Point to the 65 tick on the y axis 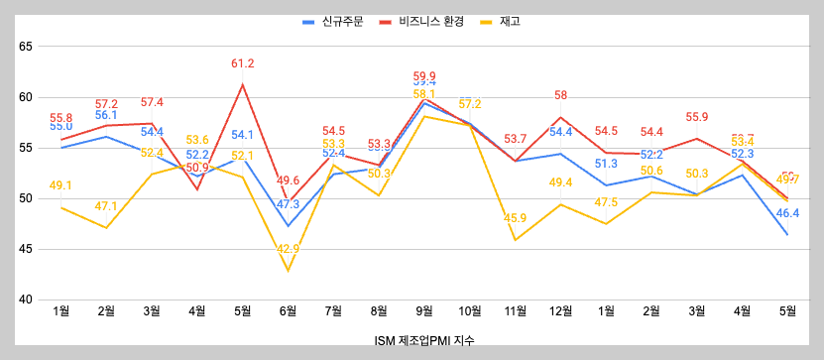pos(27,47)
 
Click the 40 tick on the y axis pos(27,300)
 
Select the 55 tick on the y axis pos(27,148)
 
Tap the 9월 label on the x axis pos(424,311)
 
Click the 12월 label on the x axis pos(561,311)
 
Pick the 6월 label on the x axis pos(288,311)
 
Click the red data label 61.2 pos(243,64)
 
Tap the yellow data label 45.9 pos(516,218)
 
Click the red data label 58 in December pos(561,96)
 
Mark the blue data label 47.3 pos(289,205)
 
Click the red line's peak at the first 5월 pos(243,84)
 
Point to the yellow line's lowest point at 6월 pos(289,270)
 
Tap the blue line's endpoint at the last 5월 pos(788,235)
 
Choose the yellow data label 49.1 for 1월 pos(60,185)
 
